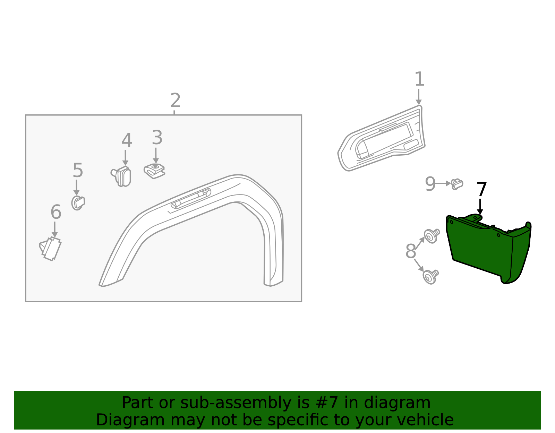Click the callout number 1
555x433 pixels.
pos(419,79)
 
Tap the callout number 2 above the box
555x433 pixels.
pos(175,101)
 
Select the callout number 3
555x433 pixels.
pos(157,138)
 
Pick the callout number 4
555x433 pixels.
pos(127,141)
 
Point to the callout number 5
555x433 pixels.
pos(78,171)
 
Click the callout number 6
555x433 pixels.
pos(56,212)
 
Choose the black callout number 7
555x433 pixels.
pos(482,190)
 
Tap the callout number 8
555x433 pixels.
pos(411,251)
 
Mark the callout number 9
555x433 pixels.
pos(430,184)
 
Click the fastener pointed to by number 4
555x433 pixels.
pos(122,176)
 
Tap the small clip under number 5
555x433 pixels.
pos(78,203)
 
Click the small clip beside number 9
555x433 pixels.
pos(457,184)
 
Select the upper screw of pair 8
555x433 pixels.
pos(432,236)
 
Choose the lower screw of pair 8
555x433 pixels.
pos(430,276)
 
